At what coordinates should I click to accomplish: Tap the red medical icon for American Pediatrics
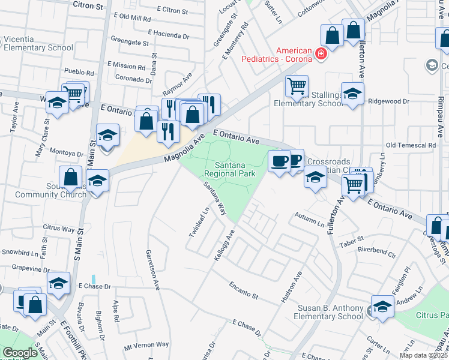coord(321,54)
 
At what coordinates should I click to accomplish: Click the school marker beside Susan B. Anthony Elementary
coord(382,307)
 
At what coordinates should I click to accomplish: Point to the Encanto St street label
coord(243,290)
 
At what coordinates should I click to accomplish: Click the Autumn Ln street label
coord(309,219)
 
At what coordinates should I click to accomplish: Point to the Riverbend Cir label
coord(376,251)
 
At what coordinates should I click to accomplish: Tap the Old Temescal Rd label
coord(411,145)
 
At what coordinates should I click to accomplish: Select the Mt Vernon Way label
coord(146,345)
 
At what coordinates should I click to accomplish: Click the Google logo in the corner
coord(20,353)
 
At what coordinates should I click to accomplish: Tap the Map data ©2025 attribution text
coord(424,355)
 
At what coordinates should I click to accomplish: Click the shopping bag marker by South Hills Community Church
coord(70,178)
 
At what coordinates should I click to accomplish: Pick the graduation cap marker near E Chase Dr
coord(59,283)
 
